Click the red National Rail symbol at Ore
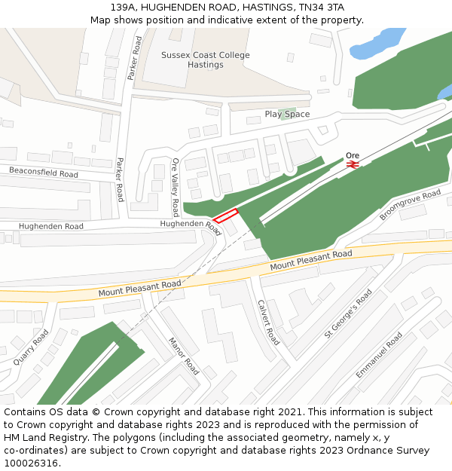(x=353, y=164)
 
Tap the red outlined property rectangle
(x=225, y=216)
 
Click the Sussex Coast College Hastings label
(x=206, y=60)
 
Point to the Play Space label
(x=287, y=115)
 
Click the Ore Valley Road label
(x=176, y=187)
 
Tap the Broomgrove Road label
(x=410, y=204)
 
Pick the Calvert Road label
(x=269, y=322)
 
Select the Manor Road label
(x=183, y=356)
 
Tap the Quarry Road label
(x=31, y=347)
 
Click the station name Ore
(x=353, y=155)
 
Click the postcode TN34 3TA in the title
(x=320, y=7)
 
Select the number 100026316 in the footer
(x=31, y=463)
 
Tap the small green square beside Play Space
(x=284, y=114)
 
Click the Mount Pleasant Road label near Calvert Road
(x=311, y=261)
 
